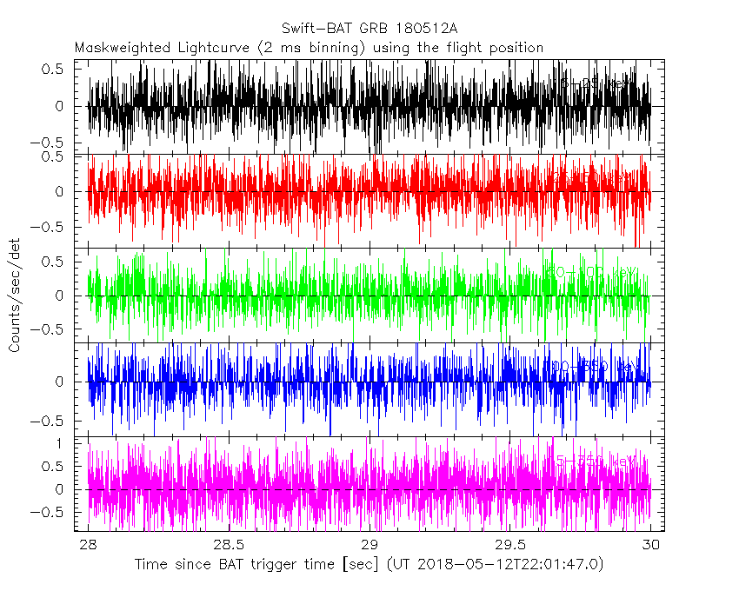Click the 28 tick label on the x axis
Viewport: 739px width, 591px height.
88,545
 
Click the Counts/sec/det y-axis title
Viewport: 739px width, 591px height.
15,295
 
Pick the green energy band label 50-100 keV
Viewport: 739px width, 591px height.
591,273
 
